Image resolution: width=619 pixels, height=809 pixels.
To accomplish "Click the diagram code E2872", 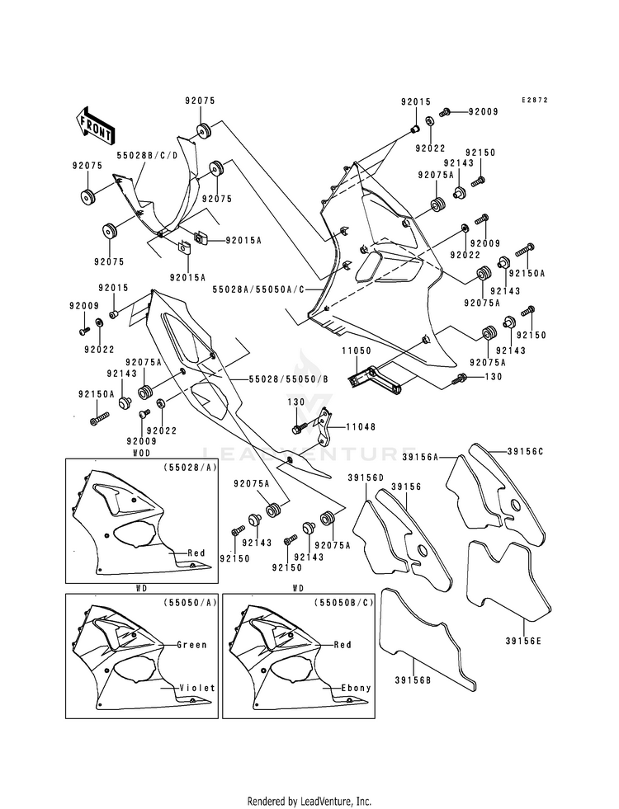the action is click(x=534, y=100).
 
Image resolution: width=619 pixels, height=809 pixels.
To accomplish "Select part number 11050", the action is click(x=356, y=350).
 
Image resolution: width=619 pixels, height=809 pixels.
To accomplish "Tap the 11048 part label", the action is click(x=361, y=426).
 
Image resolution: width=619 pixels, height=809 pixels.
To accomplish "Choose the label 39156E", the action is click(x=523, y=642).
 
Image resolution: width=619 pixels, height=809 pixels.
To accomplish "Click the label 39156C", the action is click(x=525, y=451).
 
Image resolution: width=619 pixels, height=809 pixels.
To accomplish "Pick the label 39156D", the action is click(x=366, y=477).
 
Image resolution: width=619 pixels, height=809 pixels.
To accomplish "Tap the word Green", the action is click(x=191, y=644).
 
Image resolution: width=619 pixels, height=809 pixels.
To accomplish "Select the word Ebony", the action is click(x=357, y=688).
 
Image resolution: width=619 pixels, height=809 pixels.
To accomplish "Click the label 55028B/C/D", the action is click(x=147, y=155).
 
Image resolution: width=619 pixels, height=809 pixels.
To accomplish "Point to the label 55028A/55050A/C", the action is click(x=258, y=290).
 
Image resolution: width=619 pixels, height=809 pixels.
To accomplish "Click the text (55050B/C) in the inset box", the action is click(x=343, y=602).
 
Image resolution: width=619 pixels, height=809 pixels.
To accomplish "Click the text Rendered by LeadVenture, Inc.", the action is click(x=309, y=802).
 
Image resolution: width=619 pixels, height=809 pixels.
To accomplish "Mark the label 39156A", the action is click(x=420, y=457).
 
